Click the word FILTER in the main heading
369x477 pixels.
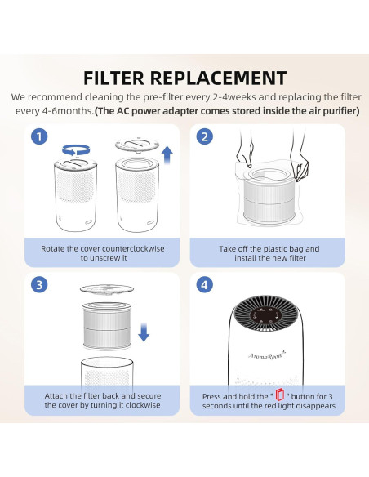(x=114, y=78)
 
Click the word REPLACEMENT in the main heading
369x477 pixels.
(x=218, y=78)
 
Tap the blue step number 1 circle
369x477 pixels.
(x=39, y=136)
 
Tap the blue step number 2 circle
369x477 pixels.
(x=205, y=136)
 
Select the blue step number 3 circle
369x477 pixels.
(x=39, y=285)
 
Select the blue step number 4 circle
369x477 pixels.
(x=205, y=285)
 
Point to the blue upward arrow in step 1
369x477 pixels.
(x=167, y=155)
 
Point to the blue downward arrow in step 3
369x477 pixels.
(x=144, y=332)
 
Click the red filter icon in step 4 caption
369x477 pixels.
(x=280, y=395)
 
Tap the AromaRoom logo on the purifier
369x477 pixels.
(x=267, y=354)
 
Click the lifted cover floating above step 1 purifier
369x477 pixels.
(x=137, y=145)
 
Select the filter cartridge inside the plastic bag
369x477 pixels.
(x=269, y=194)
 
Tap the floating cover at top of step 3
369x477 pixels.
(x=107, y=289)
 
